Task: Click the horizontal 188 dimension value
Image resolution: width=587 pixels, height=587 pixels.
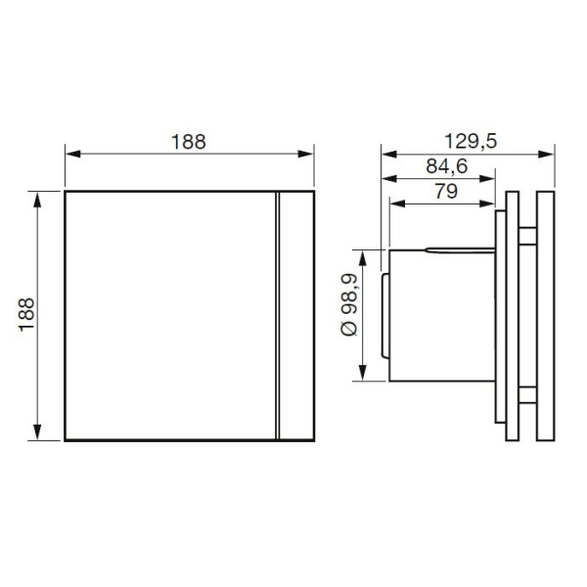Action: click(x=188, y=142)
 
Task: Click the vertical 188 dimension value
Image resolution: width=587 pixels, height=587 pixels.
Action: click(x=26, y=314)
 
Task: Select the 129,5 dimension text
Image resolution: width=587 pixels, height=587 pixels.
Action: click(x=471, y=142)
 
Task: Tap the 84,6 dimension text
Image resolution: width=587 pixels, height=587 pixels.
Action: click(x=447, y=166)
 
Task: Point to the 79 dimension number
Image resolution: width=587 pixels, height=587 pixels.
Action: click(x=446, y=191)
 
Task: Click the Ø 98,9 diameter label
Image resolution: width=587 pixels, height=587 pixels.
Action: click(x=350, y=304)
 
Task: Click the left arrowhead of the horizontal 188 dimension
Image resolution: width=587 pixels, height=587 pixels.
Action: click(x=73, y=154)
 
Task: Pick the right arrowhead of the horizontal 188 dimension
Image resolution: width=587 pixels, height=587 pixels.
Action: click(x=305, y=154)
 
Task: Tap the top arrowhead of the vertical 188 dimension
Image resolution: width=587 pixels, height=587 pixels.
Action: click(x=37, y=200)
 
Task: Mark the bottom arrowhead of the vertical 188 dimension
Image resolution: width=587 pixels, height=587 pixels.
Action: click(x=37, y=432)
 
